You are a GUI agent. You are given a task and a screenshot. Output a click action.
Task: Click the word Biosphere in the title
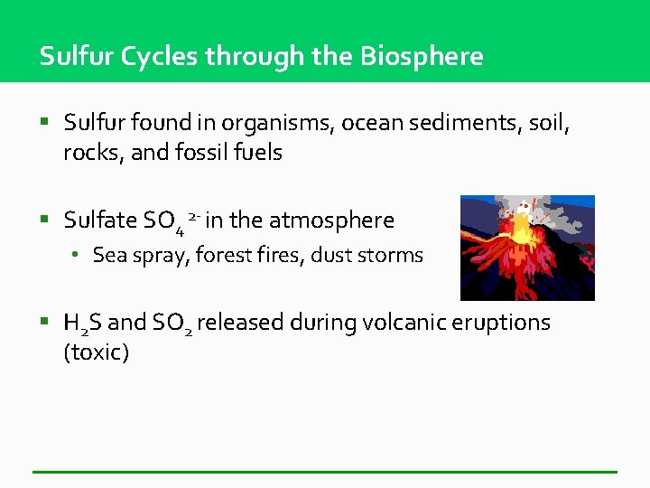[x=422, y=56]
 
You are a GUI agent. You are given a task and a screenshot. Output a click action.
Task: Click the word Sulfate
[x=101, y=220]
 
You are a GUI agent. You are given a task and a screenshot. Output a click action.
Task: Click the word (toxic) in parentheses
[x=96, y=352]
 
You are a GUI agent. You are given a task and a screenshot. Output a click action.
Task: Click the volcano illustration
[x=527, y=248]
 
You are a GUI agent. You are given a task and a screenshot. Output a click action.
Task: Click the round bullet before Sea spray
[x=79, y=256]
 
